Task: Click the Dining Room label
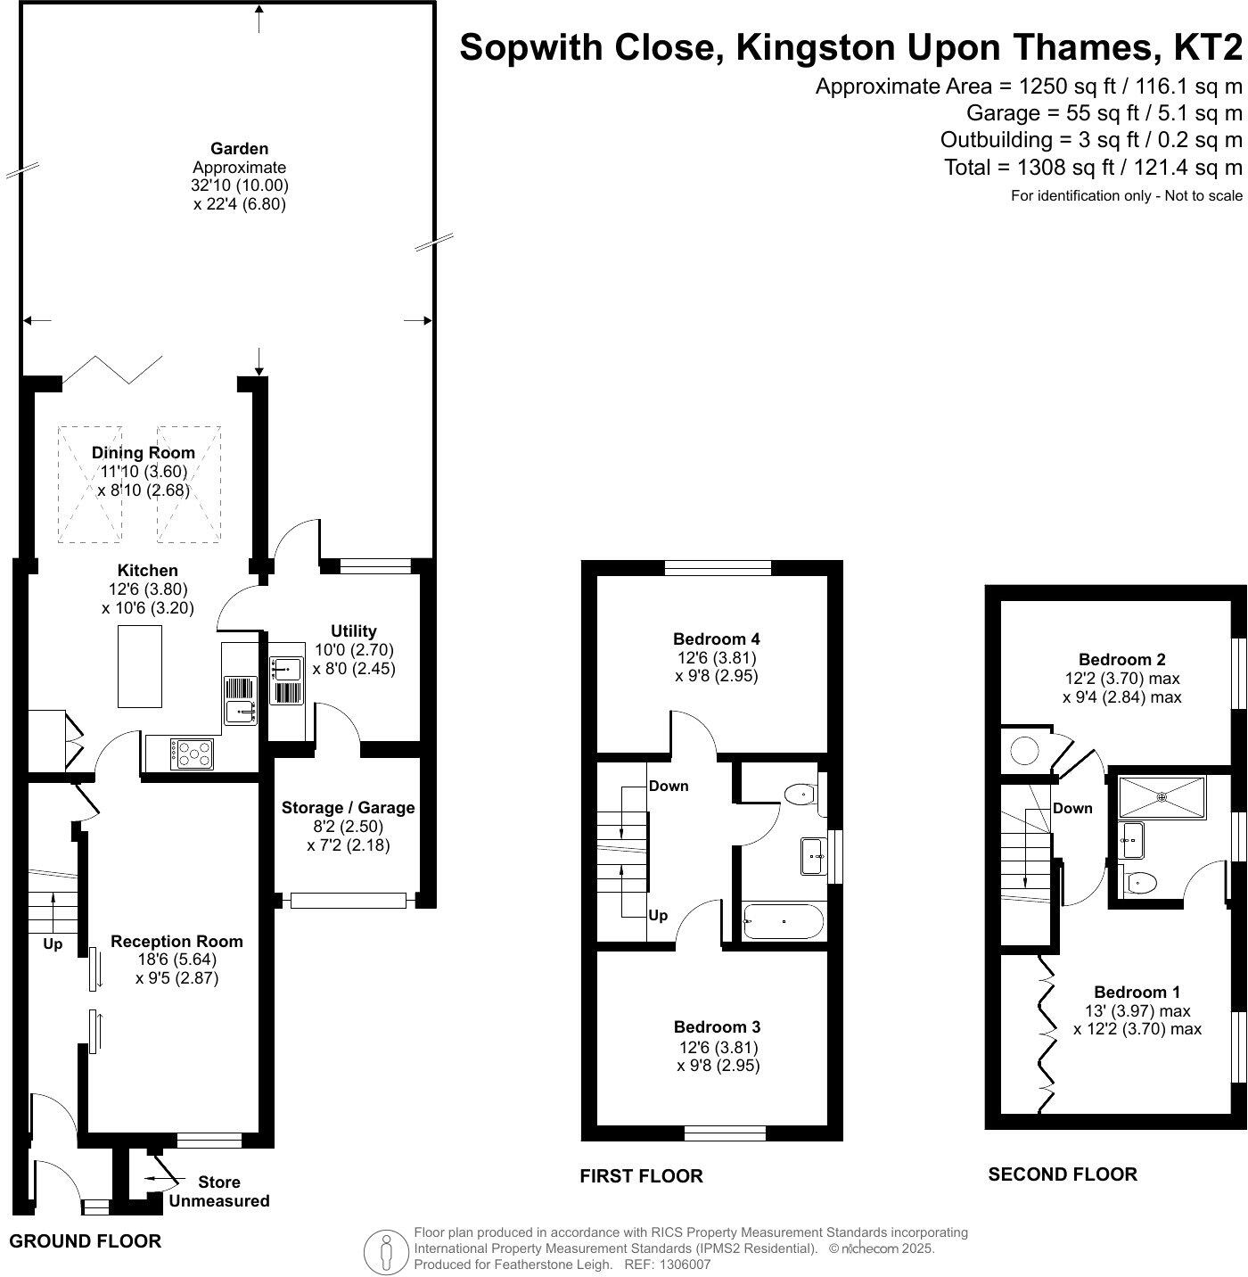click(x=143, y=452)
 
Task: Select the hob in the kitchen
click(x=193, y=754)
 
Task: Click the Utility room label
click(x=354, y=630)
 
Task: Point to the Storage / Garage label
click(x=348, y=808)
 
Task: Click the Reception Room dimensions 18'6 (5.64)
click(x=177, y=960)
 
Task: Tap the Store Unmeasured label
click(x=219, y=1191)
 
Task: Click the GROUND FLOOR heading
click(x=86, y=1241)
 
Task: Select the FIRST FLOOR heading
click(x=641, y=1176)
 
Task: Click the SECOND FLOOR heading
click(x=1062, y=1174)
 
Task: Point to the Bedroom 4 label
click(x=716, y=638)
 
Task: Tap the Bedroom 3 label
click(x=717, y=1027)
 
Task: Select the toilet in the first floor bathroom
click(x=800, y=793)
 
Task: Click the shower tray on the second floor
click(x=1162, y=797)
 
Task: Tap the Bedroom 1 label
click(x=1137, y=992)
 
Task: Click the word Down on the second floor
click(x=1072, y=808)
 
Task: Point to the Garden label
click(x=239, y=149)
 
